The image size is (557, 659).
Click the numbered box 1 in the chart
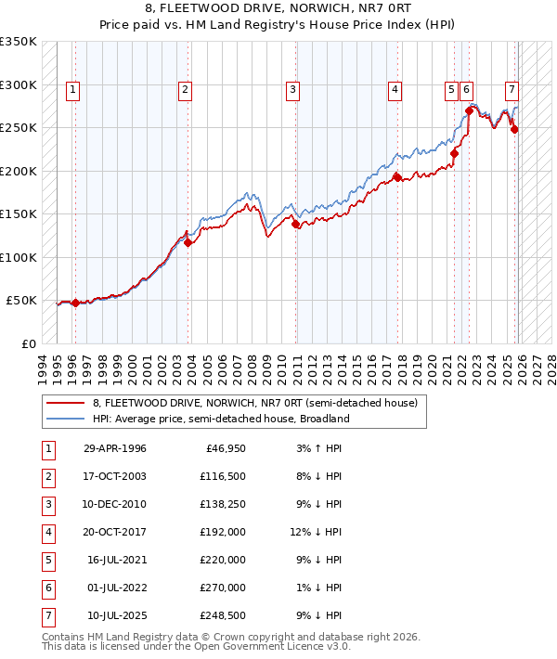[x=72, y=90]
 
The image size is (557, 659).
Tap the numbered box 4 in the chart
[x=395, y=90]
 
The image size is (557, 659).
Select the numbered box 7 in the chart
[x=512, y=90]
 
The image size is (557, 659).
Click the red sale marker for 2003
[x=188, y=243]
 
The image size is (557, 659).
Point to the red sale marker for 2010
[x=295, y=224]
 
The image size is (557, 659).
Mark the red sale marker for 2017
[x=397, y=177]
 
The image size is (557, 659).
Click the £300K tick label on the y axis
[x=19, y=84]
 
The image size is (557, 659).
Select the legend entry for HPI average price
[x=220, y=419]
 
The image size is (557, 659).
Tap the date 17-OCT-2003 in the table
[x=115, y=476]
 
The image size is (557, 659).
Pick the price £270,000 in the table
[x=223, y=588]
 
